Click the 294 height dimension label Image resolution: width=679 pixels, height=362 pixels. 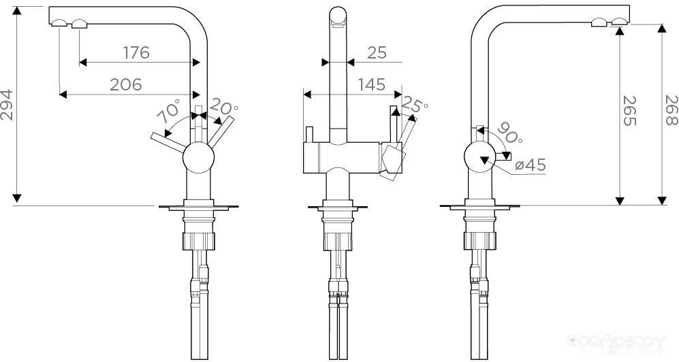7,105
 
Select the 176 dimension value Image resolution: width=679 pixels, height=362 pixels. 136,53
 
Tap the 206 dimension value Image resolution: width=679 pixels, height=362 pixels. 125,84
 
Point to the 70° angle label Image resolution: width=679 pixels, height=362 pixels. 168,111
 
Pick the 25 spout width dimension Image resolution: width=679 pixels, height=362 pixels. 377,53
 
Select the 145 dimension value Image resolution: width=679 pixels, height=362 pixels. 372,84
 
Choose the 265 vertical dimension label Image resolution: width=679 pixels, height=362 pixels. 630,111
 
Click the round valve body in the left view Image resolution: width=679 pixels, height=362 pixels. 198,157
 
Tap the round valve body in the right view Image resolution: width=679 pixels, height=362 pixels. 480,157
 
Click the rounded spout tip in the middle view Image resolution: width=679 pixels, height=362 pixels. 338,16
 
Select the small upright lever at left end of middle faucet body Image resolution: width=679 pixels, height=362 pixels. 309,134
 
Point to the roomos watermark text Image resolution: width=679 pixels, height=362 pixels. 616,342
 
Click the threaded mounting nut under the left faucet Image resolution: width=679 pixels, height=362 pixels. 199,241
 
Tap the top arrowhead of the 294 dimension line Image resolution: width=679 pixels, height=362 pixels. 17,11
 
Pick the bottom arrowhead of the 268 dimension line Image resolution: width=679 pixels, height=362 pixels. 662,200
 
